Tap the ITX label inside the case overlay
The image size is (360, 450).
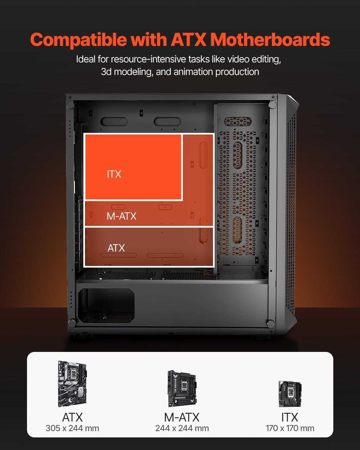pos(114,174)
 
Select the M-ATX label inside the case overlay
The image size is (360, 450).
pos(121,216)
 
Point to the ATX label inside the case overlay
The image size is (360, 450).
pos(116,248)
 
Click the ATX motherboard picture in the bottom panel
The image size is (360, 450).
pos(73,384)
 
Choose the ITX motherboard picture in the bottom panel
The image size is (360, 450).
pos(290,394)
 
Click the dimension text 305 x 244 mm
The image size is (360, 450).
pos(72,428)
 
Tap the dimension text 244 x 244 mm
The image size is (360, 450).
pos(182,428)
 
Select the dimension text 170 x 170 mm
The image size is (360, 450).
pos(290,428)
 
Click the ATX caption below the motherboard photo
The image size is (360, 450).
pos(72,417)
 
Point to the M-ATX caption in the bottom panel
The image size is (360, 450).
pos(182,417)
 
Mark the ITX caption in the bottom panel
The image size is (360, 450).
pos(290,417)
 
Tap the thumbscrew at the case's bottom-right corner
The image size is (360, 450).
pos(271,324)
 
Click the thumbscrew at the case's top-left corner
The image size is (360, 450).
pos(70,105)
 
